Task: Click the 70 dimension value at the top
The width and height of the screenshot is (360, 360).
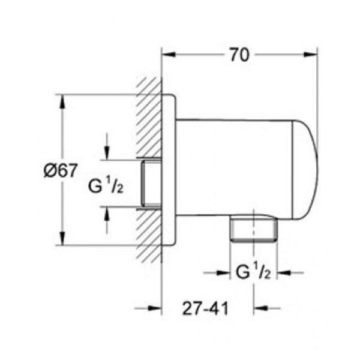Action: tap(239, 55)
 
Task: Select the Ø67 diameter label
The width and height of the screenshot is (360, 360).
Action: tap(59, 170)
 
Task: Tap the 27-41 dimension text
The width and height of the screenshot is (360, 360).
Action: tap(205, 308)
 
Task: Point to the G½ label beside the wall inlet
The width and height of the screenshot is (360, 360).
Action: tap(106, 187)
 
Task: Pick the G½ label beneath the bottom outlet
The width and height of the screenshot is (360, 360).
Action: tap(253, 272)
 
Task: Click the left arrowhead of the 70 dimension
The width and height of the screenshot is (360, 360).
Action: tap(169, 55)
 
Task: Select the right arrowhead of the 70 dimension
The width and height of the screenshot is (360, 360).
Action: tap(311, 55)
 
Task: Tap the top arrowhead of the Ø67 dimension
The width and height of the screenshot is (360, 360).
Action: tap(62, 101)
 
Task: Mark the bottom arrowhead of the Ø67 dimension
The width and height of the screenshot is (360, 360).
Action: tap(62, 239)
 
